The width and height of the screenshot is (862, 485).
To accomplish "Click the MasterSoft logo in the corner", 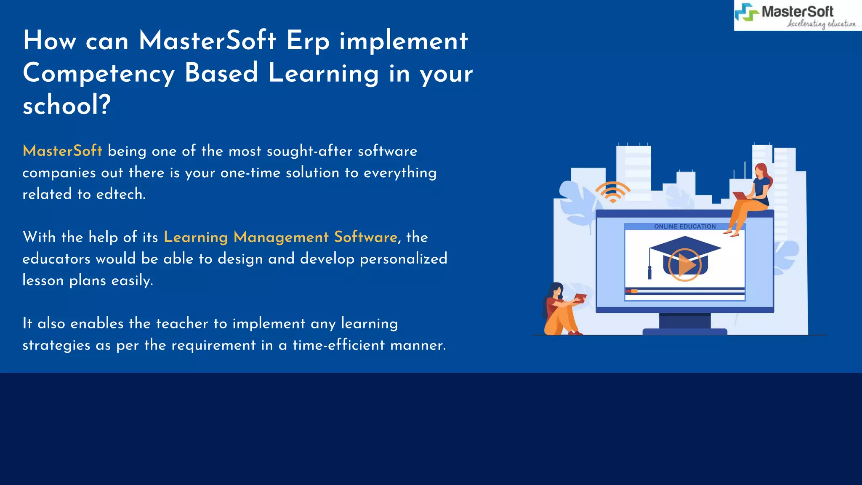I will tap(797, 16).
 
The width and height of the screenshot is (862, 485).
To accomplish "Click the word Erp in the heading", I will tap(308, 41).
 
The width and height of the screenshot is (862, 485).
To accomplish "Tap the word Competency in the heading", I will tap(98, 73).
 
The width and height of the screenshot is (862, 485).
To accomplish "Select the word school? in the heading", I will tap(67, 105).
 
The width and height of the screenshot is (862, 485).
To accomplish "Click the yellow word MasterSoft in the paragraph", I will tap(62, 151).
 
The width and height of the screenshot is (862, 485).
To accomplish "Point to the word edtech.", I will tap(120, 194).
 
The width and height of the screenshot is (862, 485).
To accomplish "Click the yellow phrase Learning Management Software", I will tap(280, 237).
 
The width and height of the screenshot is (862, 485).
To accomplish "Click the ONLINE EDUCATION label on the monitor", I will tap(684, 227).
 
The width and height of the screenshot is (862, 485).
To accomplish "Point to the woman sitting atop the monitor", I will tap(753, 198).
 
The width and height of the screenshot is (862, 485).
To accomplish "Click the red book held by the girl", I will tap(580, 298).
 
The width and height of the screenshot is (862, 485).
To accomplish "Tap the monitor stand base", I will tap(685, 331).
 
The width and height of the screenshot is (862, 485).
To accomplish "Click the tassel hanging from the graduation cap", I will tap(649, 272).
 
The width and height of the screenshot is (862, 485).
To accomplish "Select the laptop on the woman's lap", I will tap(740, 196).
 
